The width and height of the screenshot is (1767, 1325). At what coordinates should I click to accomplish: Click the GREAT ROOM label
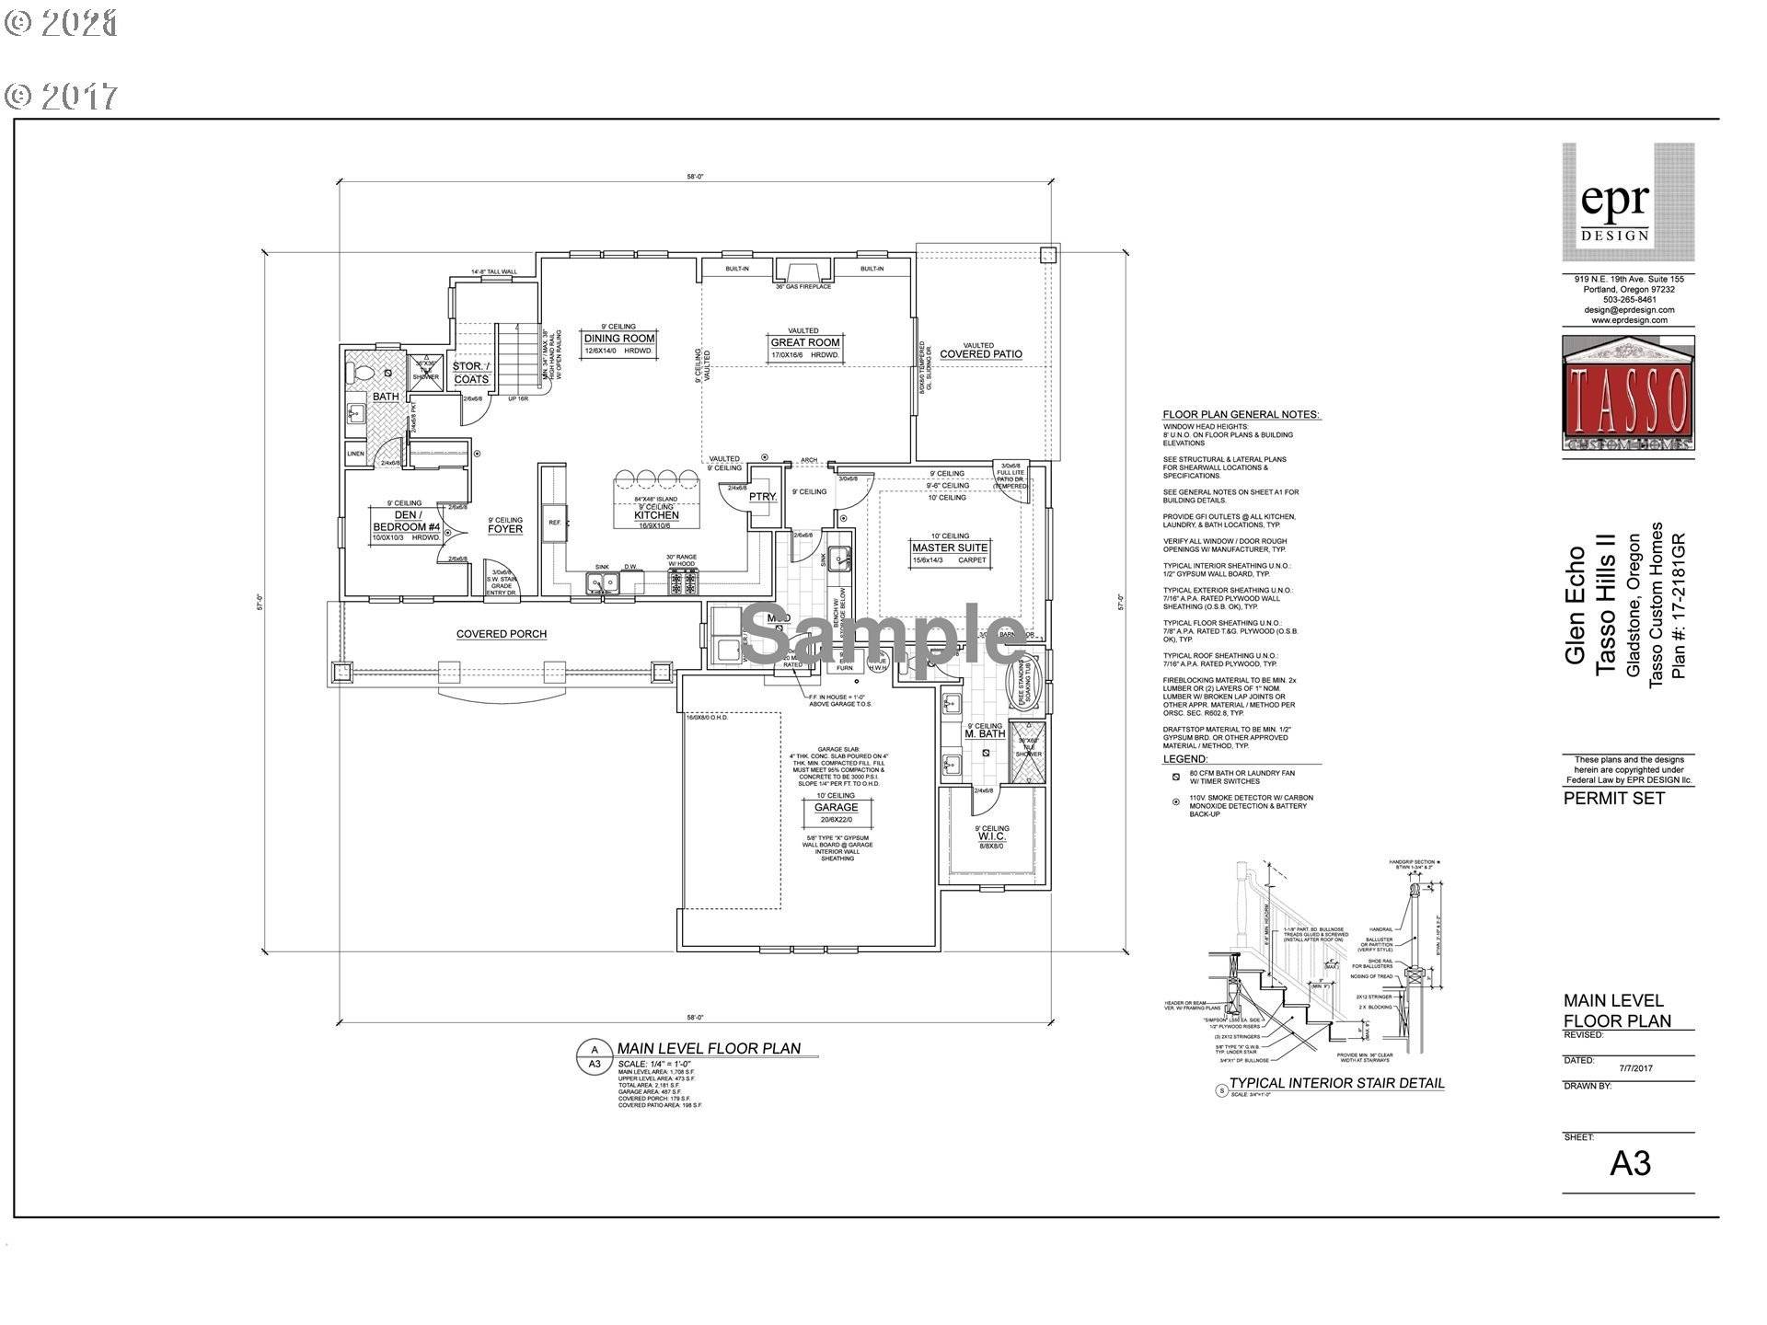coord(805,342)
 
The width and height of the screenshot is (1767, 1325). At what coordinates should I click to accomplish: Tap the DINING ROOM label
coord(619,339)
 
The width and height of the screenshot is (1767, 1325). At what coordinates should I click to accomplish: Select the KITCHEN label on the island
coord(655,515)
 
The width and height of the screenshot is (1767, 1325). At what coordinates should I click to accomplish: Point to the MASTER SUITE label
coord(950,547)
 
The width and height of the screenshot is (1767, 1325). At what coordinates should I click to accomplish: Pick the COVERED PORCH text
coord(502,634)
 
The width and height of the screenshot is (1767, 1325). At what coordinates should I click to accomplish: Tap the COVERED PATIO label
coord(980,354)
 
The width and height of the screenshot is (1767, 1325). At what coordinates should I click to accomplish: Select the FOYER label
coord(505,529)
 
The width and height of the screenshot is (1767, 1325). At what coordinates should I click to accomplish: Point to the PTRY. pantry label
coord(762,497)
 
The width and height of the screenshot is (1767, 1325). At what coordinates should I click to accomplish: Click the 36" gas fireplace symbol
coord(803,271)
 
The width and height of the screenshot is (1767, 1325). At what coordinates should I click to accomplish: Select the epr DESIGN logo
coord(1627,202)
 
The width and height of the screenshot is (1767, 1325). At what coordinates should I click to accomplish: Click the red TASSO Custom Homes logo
coord(1627,396)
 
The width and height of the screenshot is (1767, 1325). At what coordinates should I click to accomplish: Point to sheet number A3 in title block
coord(1630,1164)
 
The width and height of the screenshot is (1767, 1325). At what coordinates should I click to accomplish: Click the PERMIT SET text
coord(1613,799)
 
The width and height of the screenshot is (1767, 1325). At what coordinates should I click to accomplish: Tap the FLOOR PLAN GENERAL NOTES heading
coord(1241,415)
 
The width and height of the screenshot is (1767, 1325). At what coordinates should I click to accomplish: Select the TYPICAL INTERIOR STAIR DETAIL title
coord(1336,1083)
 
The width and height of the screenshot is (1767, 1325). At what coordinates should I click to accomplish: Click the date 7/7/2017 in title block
coord(1635,1068)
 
